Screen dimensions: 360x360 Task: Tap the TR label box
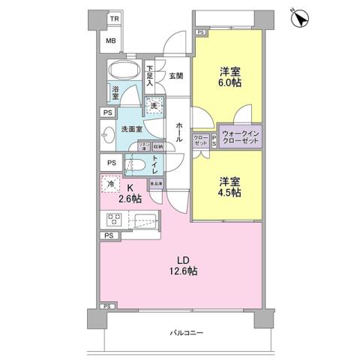click(x=114, y=18)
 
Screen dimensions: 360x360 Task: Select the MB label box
click(x=110, y=40)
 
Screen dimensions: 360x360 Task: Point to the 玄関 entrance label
click(x=175, y=76)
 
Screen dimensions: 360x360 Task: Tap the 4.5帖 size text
click(x=229, y=193)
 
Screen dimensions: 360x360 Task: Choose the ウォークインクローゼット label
click(x=240, y=138)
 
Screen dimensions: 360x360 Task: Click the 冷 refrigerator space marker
click(x=110, y=184)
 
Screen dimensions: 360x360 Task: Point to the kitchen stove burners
click(x=115, y=220)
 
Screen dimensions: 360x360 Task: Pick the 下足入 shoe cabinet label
click(x=149, y=77)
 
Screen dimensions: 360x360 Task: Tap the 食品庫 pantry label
click(x=157, y=181)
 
